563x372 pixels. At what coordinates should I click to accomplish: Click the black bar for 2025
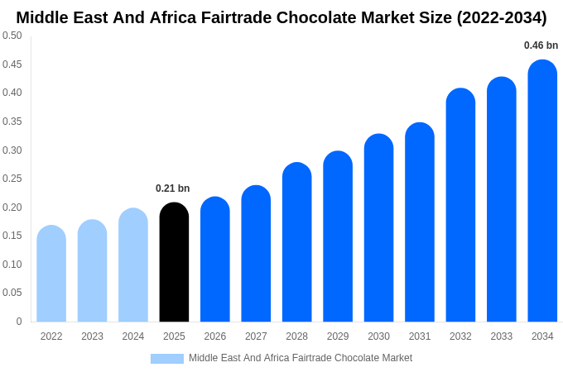[174, 262]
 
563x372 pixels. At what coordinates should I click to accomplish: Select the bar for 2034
[542, 191]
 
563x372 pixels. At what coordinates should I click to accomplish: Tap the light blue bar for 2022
[51, 274]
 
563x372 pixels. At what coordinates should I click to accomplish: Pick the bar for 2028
[296, 242]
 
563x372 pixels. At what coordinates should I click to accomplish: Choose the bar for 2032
[460, 205]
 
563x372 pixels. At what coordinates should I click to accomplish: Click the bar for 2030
[378, 228]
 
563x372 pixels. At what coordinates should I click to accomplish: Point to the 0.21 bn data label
[172, 188]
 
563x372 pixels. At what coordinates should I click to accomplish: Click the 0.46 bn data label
[541, 45]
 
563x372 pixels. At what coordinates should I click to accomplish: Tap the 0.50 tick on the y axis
[12, 36]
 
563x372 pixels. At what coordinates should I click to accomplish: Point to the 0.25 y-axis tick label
[12, 179]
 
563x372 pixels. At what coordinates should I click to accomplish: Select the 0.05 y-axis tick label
[12, 293]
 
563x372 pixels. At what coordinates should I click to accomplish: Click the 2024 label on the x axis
[133, 336]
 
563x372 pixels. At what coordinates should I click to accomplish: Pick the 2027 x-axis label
[256, 336]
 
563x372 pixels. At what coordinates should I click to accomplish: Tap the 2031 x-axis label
[420, 336]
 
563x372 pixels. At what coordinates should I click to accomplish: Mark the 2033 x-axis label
[501, 336]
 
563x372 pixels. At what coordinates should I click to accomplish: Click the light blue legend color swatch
[166, 359]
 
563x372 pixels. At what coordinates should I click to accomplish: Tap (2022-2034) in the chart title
[502, 17]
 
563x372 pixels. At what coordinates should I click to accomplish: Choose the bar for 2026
[215, 260]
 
